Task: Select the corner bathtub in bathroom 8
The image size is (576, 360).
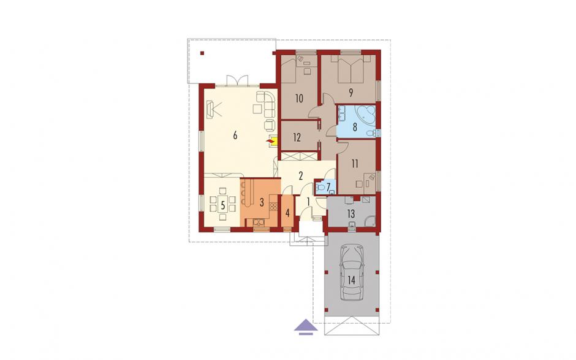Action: [366, 114]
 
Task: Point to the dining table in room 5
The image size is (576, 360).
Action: [222, 205]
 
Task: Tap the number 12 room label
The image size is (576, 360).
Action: [297, 137]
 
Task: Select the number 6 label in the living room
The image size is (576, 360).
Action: [235, 136]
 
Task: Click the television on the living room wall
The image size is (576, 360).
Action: [211, 110]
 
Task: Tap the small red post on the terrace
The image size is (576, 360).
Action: [202, 53]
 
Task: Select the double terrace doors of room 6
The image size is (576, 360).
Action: [237, 80]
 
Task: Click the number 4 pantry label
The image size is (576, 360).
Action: [287, 213]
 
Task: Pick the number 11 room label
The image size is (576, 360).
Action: [355, 163]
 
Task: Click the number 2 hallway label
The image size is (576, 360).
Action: [301, 176]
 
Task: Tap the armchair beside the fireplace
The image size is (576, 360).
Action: [270, 125]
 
